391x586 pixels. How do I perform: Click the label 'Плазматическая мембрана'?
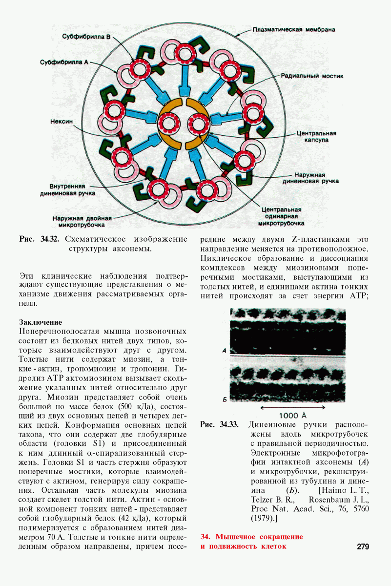coord(294,30)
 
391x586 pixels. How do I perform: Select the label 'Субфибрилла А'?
coord(64,63)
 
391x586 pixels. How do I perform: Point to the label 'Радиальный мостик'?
coord(312,76)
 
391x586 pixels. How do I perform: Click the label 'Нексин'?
coord(62,122)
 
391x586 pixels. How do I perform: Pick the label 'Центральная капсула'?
coord(316,137)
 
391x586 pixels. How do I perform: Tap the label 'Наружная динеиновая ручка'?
coord(310,178)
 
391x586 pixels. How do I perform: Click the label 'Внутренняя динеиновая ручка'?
coord(67,190)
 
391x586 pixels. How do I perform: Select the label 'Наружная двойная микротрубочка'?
coord(82,222)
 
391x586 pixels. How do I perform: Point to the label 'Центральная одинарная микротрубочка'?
coord(281,216)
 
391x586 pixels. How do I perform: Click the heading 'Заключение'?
coord(41,322)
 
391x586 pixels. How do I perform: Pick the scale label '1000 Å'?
coord(293,416)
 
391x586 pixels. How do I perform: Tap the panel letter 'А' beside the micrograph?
coord(224,351)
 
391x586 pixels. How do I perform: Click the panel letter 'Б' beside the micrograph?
coord(225,399)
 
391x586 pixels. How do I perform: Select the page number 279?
coord(363,546)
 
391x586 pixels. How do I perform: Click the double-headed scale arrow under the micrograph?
coord(293,407)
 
